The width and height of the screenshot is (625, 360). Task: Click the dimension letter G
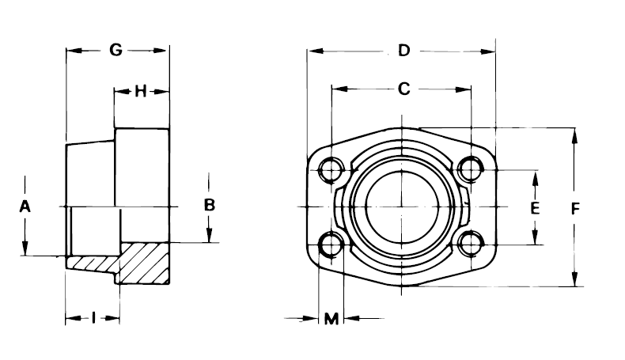(x=116, y=50)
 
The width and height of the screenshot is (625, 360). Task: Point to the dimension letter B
(x=210, y=204)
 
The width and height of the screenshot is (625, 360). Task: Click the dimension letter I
(x=93, y=318)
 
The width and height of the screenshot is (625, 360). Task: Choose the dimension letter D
(x=403, y=51)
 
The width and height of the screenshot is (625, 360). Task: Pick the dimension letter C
(x=403, y=89)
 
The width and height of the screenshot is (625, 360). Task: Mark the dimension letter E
(x=535, y=208)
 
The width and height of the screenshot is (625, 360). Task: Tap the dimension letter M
(x=331, y=319)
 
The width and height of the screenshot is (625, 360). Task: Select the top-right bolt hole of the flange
(x=471, y=169)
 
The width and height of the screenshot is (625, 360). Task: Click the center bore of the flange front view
(x=401, y=207)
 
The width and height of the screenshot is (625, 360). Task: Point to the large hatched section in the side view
(x=145, y=262)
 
